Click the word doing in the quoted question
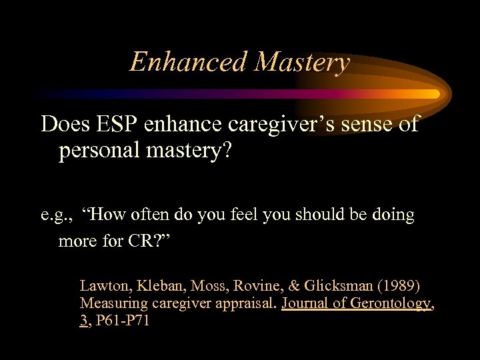393,215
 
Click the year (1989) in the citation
397,286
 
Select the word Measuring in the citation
110,303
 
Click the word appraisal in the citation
245,304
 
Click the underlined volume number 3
83,321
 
